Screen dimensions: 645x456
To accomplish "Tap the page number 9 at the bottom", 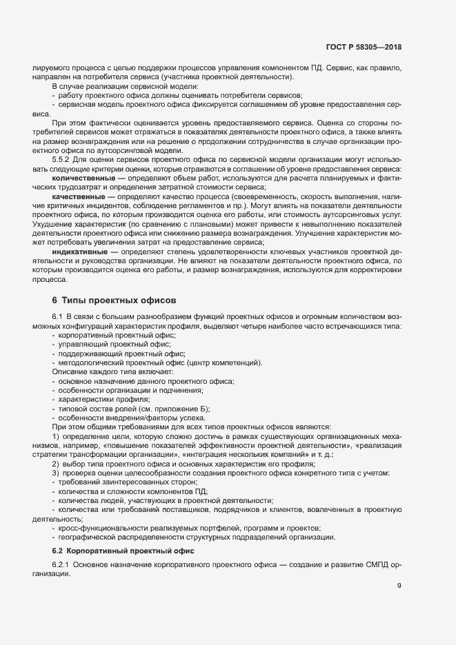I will (399, 586).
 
